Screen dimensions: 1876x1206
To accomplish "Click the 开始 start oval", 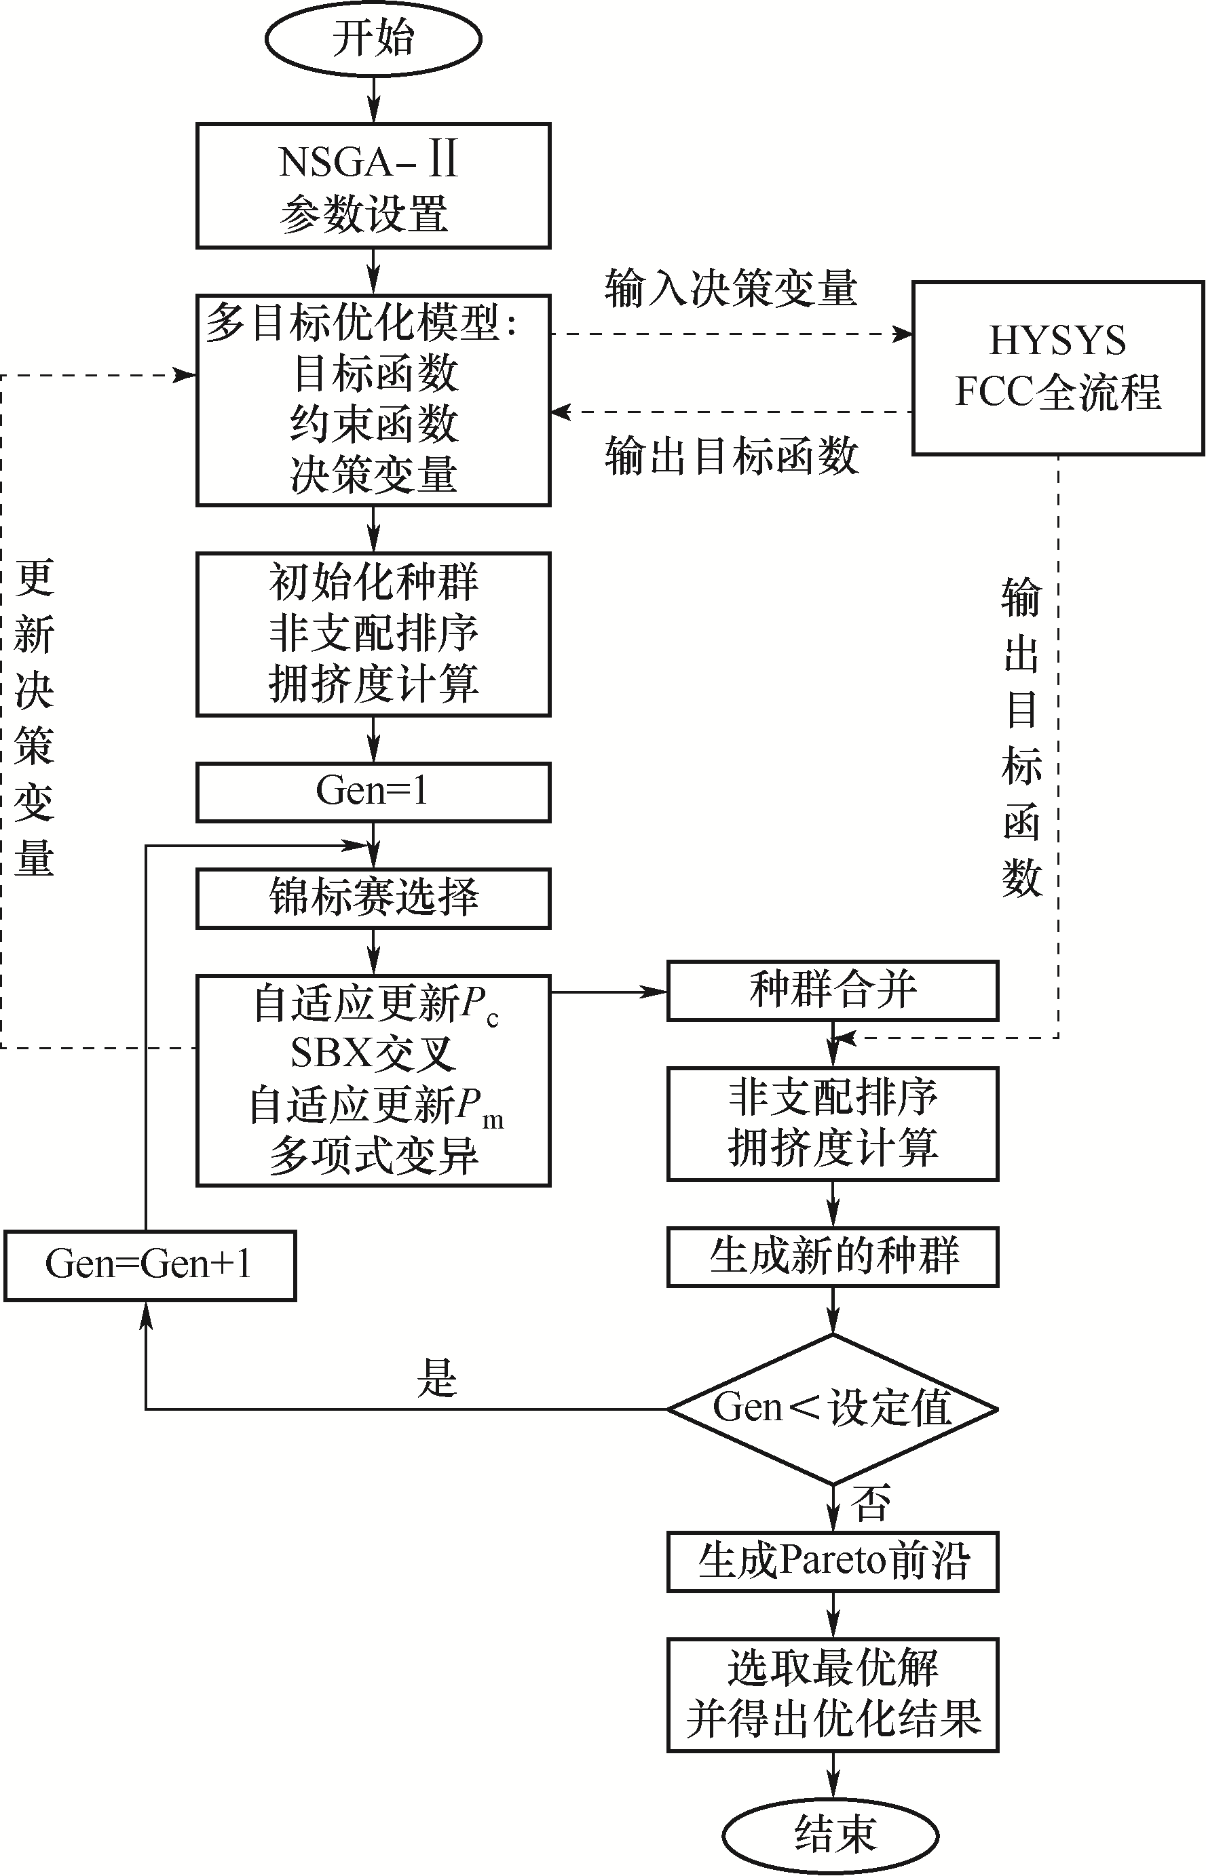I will point(373,39).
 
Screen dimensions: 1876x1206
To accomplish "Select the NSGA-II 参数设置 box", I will point(373,185).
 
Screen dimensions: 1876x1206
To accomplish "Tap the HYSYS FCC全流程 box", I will point(1057,367).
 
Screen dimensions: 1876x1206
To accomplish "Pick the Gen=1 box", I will point(373,792).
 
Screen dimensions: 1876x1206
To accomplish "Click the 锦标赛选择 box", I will point(373,898).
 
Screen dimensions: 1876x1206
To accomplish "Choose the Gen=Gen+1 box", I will point(149,1265).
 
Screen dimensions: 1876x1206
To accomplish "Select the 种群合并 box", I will point(833,990).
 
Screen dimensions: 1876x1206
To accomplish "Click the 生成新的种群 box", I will point(833,1256).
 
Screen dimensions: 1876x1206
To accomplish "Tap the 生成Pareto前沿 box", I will point(833,1561).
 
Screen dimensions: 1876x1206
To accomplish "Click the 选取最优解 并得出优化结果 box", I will point(833,1694).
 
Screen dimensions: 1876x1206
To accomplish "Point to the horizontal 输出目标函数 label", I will point(731,456).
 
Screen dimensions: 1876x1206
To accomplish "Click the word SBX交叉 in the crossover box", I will point(373,1053).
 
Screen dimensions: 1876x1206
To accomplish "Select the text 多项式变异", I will point(373,1156).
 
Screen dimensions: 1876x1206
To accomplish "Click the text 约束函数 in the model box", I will point(373,423).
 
